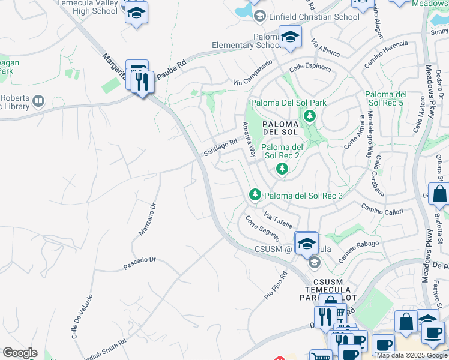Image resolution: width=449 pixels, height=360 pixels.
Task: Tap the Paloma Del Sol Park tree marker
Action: coord(310,116)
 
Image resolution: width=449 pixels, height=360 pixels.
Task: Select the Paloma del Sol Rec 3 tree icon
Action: coord(255,194)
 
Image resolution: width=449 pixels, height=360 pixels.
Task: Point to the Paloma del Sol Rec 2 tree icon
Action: coord(282,169)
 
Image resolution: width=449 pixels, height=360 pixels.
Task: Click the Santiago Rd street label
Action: coord(220,147)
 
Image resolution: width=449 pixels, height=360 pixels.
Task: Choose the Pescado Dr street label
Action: coord(139,260)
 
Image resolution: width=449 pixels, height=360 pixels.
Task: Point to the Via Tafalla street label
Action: coord(277,220)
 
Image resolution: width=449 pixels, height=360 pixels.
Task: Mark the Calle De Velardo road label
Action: coord(82,316)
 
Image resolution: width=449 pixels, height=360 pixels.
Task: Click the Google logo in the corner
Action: coord(20,352)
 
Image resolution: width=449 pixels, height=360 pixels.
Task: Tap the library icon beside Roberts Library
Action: coord(38,101)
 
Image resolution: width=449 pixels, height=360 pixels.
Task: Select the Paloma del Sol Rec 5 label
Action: coord(386,99)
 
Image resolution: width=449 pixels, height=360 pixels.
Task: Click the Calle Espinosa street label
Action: coord(310,67)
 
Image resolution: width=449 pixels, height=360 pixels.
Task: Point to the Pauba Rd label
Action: coord(171,69)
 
